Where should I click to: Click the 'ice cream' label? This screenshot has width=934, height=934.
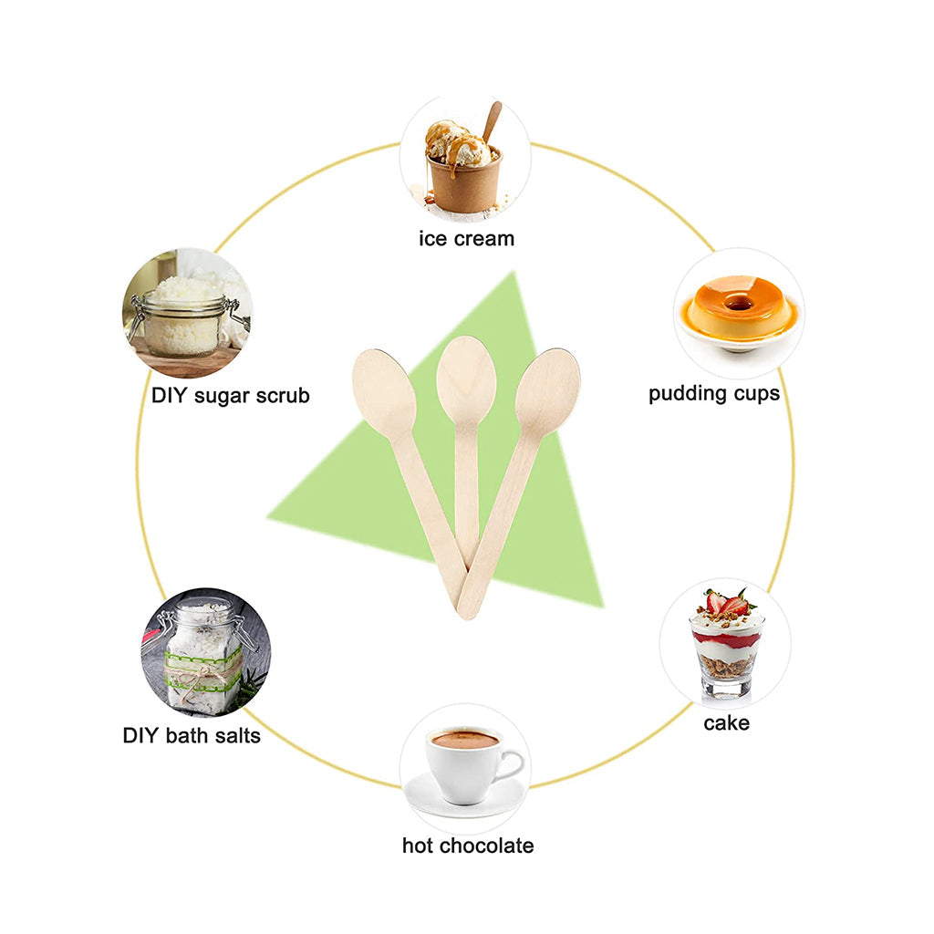pyautogui.click(x=466, y=239)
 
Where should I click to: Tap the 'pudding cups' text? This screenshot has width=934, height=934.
pyautogui.click(x=714, y=394)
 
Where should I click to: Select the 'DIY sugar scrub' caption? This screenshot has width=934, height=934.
pyautogui.click(x=231, y=395)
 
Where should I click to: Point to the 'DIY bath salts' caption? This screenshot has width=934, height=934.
pyautogui.click(x=192, y=735)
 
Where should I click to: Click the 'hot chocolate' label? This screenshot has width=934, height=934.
pyautogui.click(x=468, y=846)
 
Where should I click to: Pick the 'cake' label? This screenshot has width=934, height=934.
pyautogui.click(x=726, y=723)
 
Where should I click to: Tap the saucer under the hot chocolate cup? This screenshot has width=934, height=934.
pyautogui.click(x=465, y=800)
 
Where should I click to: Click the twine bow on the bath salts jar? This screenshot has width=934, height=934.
pyautogui.click(x=206, y=676)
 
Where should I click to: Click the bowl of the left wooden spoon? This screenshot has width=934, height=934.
pyautogui.click(x=384, y=393)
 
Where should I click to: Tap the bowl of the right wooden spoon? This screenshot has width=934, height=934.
pyautogui.click(x=548, y=391)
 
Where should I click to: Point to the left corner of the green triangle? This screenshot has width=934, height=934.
pyautogui.click(x=271, y=517)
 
